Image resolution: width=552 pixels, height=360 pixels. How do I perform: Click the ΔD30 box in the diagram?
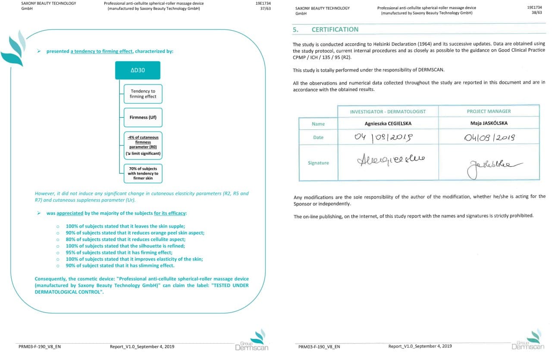pyautogui.click(x=138, y=70)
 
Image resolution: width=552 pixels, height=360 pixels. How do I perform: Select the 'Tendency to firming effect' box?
pyautogui.click(x=143, y=94)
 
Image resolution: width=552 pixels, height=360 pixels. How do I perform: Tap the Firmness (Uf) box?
pyautogui.click(x=143, y=117)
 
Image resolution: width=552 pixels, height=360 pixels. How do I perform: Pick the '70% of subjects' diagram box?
pyautogui.click(x=143, y=173)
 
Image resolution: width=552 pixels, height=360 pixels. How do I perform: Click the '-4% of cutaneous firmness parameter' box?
pyautogui.click(x=143, y=145)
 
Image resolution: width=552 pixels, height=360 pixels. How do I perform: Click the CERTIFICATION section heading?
pyautogui.click(x=335, y=29)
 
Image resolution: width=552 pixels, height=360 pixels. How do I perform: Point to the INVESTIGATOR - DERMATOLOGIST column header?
pyautogui.click(x=388, y=111)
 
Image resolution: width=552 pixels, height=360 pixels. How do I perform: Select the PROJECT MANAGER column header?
pyautogui.click(x=489, y=111)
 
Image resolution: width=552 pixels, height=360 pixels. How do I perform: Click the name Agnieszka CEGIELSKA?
pyautogui.click(x=387, y=123)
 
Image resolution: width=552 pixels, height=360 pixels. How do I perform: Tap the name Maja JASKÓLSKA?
pyautogui.click(x=489, y=123)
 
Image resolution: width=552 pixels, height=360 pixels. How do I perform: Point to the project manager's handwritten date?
pyautogui.click(x=489, y=138)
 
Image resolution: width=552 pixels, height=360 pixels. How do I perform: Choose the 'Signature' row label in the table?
pyautogui.click(x=318, y=163)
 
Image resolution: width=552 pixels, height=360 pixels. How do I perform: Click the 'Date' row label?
pyautogui.click(x=318, y=138)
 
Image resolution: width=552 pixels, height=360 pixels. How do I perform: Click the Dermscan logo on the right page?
pyautogui.click(x=530, y=341)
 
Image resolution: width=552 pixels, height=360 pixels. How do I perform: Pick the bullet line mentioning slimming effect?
pyautogui.click(x=120, y=266)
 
